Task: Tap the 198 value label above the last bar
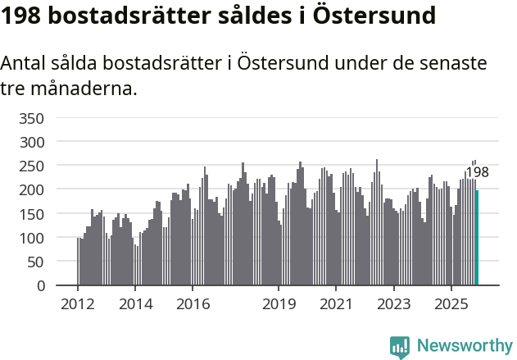click(x=477, y=172)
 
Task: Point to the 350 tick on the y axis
click(x=30, y=118)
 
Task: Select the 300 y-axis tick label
click(x=30, y=142)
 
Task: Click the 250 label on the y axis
click(x=30, y=166)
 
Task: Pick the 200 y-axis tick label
click(x=30, y=190)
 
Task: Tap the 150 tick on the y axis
click(x=30, y=214)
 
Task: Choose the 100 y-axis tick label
click(x=30, y=239)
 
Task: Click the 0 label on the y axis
click(x=39, y=286)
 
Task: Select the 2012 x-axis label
click(x=78, y=304)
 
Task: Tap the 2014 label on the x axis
click(x=135, y=304)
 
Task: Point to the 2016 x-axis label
click(x=193, y=304)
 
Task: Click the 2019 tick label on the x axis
click(x=279, y=304)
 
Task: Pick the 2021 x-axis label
click(x=336, y=304)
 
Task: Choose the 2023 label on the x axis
click(x=393, y=304)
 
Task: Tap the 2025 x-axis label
click(x=451, y=304)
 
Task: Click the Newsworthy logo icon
click(x=400, y=347)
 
